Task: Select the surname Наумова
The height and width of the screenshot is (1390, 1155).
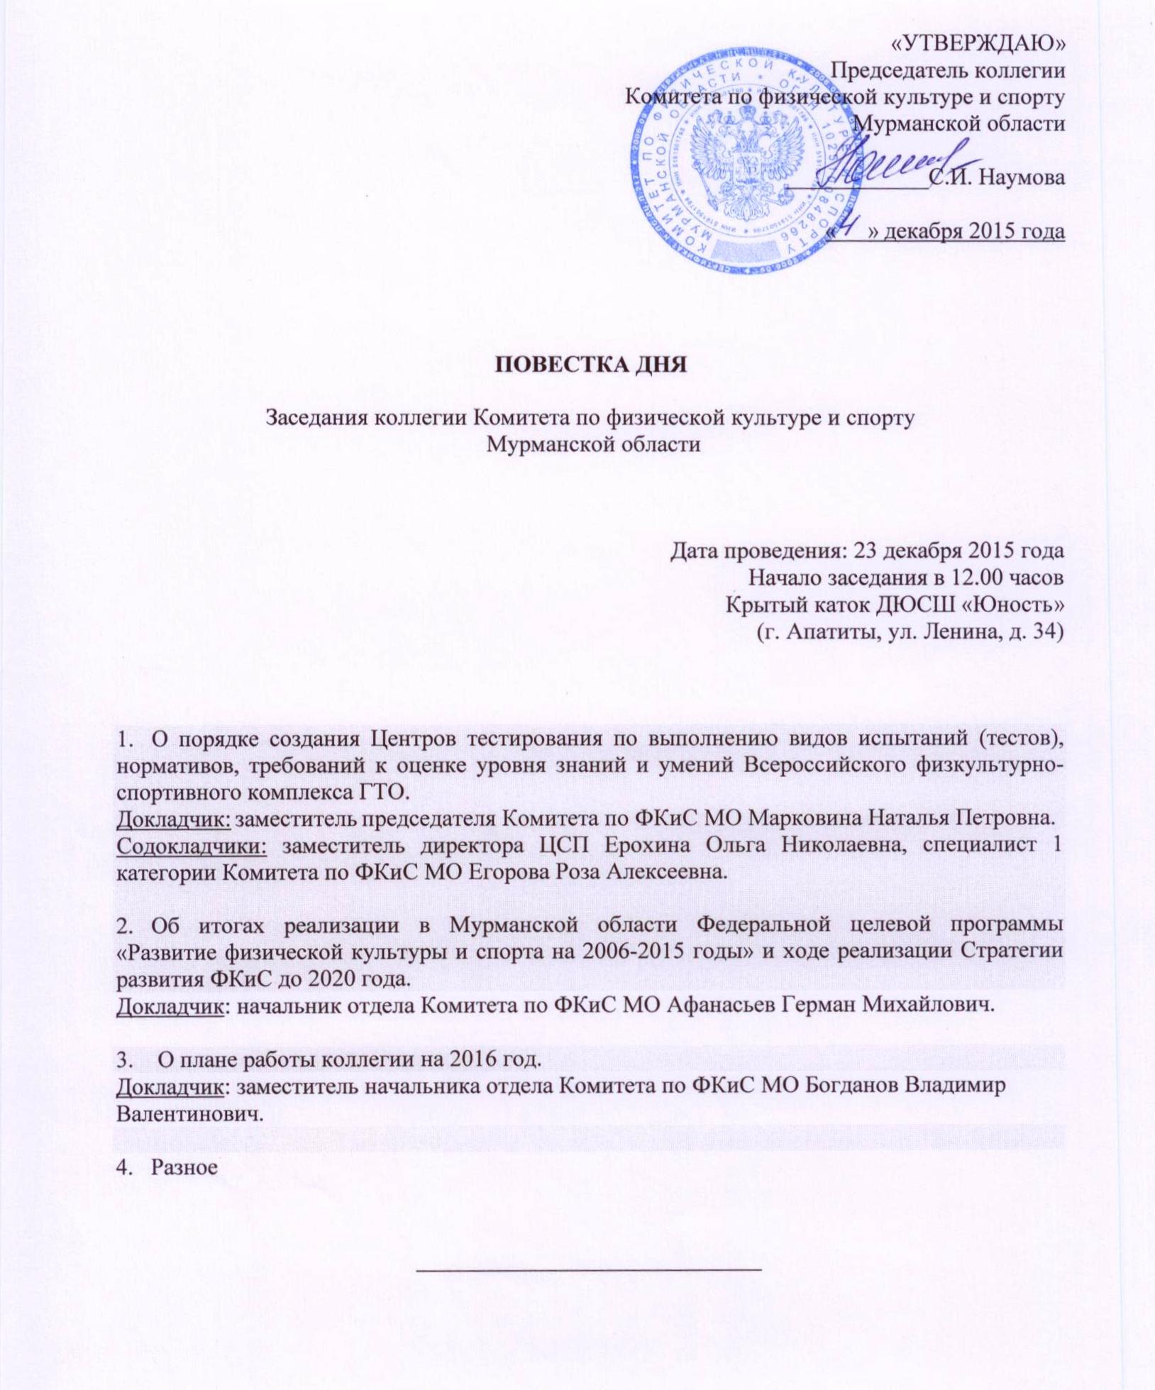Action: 1022,177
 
